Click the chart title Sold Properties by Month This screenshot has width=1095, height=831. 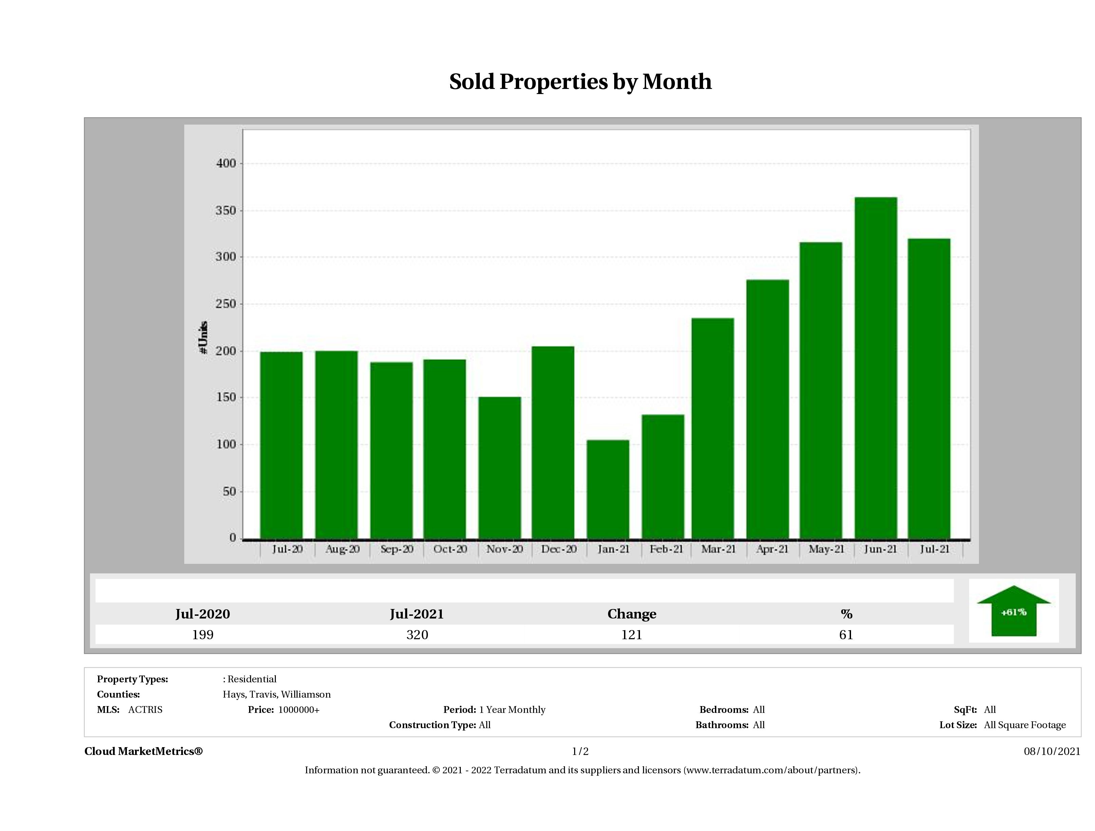580,82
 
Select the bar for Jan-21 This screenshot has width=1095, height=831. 608,489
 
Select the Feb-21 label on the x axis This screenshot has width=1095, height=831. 666,549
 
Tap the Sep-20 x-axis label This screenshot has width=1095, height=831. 397,549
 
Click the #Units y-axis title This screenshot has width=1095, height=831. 203,337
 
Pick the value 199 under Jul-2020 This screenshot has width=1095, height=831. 203,635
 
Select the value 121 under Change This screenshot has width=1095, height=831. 632,635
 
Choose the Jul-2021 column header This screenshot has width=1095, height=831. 417,614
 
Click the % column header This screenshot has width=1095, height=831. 846,614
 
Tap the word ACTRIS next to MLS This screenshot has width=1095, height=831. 145,710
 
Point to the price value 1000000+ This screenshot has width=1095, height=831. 299,710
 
